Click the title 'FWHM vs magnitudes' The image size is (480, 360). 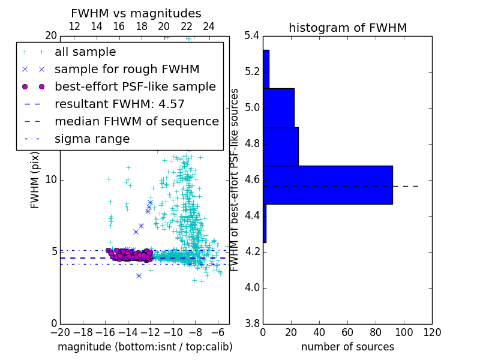pyautogui.click(x=136, y=13)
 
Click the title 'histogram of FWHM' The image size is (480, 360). pyautogui.click(x=347, y=28)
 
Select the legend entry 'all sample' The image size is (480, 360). pyautogui.click(x=85, y=52)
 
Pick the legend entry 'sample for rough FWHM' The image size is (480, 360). pyautogui.click(x=127, y=70)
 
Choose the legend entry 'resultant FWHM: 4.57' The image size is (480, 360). pyautogui.click(x=119, y=104)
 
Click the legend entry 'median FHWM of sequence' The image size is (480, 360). pyautogui.click(x=136, y=122)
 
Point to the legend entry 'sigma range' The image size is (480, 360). pyautogui.click(x=92, y=139)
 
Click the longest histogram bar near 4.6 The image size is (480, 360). pyautogui.click(x=328, y=185)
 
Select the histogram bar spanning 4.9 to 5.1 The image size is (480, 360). pyautogui.click(x=278, y=108)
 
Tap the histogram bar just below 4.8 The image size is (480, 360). pyautogui.click(x=281, y=146)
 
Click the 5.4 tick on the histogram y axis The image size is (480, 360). pyautogui.click(x=252, y=36)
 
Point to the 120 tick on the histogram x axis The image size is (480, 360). pyautogui.click(x=431, y=332)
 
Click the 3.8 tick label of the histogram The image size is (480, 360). pyautogui.click(x=252, y=323)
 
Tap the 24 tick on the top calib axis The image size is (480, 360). pyautogui.click(x=209, y=26)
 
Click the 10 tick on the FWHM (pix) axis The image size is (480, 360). pyautogui.click(x=51, y=180)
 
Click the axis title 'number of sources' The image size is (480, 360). pyautogui.click(x=347, y=347)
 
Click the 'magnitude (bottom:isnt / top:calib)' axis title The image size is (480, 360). pyautogui.click(x=145, y=347)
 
